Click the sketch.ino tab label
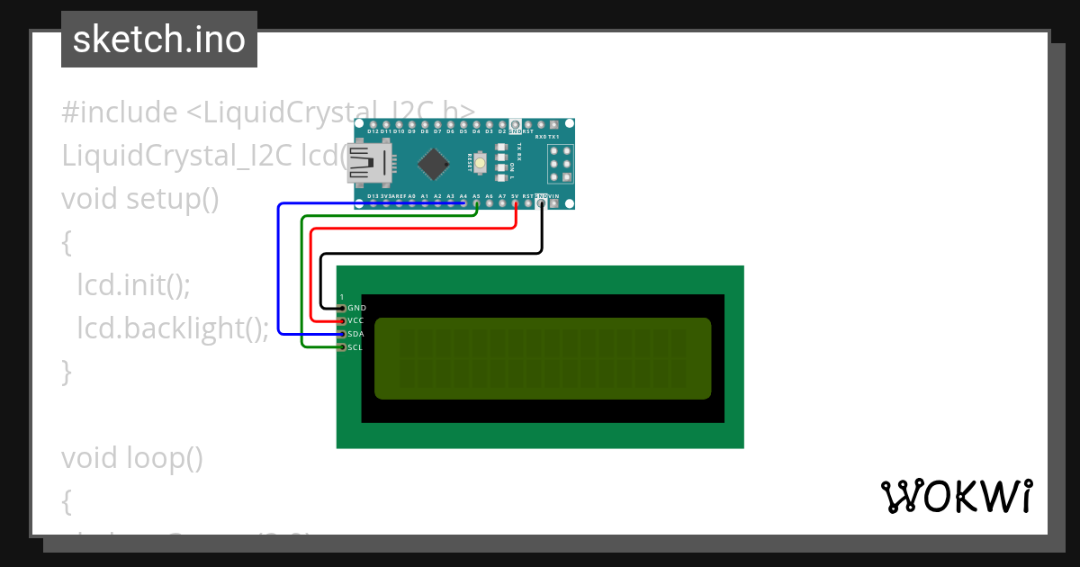(x=159, y=40)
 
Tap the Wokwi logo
(x=956, y=495)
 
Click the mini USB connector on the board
(x=372, y=164)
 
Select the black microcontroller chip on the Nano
(x=435, y=163)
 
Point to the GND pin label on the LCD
(x=356, y=308)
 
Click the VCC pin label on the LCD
(x=355, y=320)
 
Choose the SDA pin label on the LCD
(x=355, y=334)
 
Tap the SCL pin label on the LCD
(x=355, y=347)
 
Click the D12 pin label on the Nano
(x=373, y=131)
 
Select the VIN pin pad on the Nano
(x=555, y=204)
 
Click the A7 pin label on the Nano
(x=502, y=195)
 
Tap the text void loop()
(x=132, y=458)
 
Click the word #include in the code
(x=120, y=112)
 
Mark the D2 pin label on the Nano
(x=502, y=131)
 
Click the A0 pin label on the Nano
(x=411, y=195)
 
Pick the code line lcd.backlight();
(x=173, y=328)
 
